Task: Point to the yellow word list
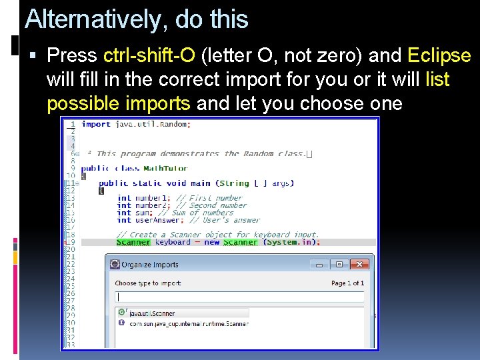click(x=437, y=80)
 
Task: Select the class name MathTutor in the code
click(x=165, y=169)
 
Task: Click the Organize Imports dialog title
click(x=149, y=265)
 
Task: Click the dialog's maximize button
click(x=339, y=265)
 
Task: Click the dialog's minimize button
click(x=319, y=265)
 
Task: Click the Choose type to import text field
click(x=239, y=297)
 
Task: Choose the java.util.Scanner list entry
click(x=152, y=313)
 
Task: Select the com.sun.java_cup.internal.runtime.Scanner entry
click(x=188, y=323)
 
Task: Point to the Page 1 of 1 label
click(x=347, y=283)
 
